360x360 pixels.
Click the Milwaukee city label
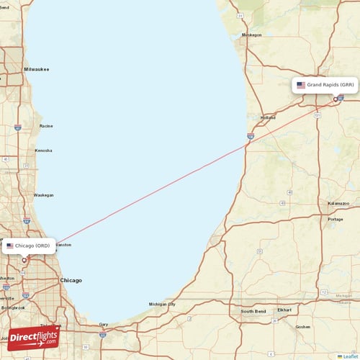36,69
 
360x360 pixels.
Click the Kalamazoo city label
338,204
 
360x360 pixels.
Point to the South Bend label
253,312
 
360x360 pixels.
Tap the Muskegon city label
252,35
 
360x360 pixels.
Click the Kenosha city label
43,150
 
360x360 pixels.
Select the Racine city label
46,126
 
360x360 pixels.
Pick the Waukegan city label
44,194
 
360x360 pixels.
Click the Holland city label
268,117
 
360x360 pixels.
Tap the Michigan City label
162,305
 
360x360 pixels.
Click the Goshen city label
303,326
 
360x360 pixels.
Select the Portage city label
336,219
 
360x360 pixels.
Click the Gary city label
103,325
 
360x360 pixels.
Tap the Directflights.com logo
34,337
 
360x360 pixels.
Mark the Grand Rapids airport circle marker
336,99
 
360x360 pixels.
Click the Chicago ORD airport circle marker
24,261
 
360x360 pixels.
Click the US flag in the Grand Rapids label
301,85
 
